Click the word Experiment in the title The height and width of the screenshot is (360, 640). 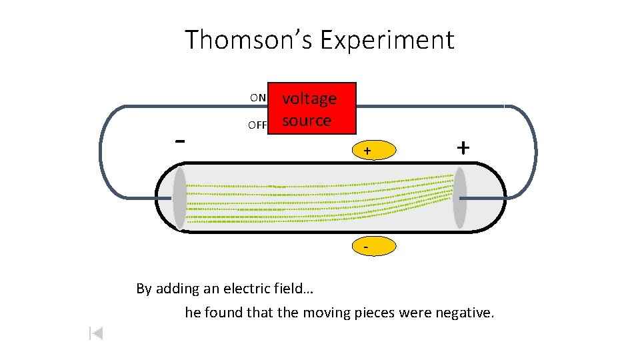point(387,40)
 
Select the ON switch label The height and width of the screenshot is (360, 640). point(258,98)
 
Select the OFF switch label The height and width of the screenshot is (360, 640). point(257,125)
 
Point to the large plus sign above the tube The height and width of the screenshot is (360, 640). point(463,147)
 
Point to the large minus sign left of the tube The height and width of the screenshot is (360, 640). point(179,141)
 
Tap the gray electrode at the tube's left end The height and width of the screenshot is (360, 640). point(179,198)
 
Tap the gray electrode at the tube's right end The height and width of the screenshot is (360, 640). point(460,198)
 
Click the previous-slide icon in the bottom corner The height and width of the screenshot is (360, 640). point(96,333)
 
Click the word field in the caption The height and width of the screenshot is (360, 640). point(294,289)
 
